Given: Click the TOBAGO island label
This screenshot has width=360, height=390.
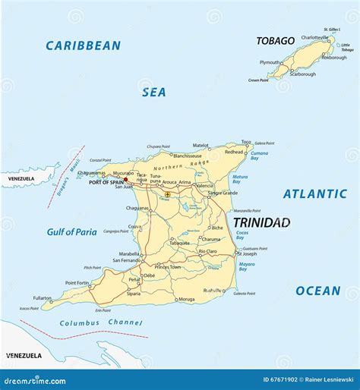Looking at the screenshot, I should [275, 41].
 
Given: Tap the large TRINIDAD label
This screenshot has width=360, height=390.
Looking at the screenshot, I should [261, 222].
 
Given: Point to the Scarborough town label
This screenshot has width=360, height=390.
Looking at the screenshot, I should [303, 74].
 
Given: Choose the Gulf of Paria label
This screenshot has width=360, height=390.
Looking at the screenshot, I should [71, 232].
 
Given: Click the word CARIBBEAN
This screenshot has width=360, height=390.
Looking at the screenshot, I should [83, 46].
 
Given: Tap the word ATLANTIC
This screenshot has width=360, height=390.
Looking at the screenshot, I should [314, 193].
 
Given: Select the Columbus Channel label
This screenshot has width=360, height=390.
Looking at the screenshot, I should [90, 322].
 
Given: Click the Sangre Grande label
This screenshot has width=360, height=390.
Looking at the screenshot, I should [223, 193].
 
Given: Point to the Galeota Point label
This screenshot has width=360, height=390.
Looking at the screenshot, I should [245, 294].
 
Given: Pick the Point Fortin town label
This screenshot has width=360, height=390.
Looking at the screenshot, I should [77, 282].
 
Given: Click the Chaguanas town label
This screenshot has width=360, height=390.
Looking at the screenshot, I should [137, 208].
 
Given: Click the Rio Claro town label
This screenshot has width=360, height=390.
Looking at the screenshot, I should [207, 250].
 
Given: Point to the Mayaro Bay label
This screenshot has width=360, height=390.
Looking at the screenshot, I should [247, 266].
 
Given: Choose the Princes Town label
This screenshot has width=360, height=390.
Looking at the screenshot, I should [167, 267].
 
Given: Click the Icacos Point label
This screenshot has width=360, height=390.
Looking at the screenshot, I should [29, 309].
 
